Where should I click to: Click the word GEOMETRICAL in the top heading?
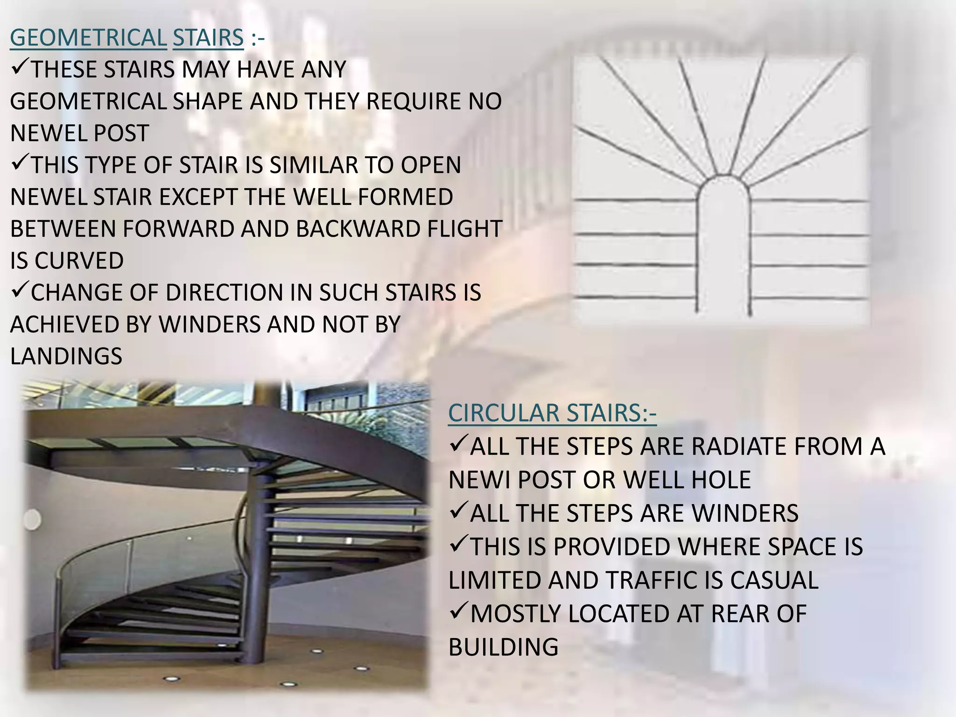point(88,38)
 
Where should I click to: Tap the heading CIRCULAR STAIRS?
point(552,413)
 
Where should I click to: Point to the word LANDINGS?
point(66,356)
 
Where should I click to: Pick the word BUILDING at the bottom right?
point(503,647)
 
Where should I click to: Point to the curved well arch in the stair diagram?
point(724,184)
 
